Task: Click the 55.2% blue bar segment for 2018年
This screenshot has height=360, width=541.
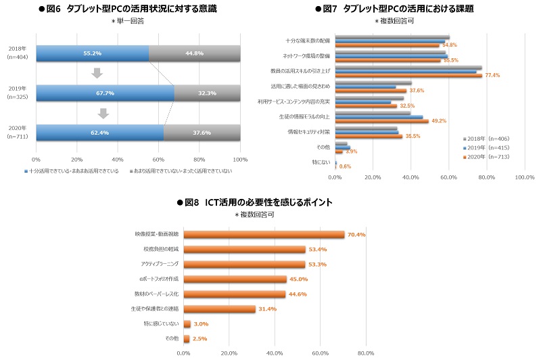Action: tap(92, 53)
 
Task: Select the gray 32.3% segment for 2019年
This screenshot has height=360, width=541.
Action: tap(208, 93)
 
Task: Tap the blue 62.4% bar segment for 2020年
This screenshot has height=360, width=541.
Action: tap(99, 133)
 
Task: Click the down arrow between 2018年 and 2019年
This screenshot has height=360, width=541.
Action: tap(97, 73)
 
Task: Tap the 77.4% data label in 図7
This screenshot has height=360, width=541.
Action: tap(492, 75)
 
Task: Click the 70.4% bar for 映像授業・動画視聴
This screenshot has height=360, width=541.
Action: tap(264, 235)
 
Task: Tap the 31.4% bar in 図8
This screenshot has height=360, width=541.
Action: tap(219, 309)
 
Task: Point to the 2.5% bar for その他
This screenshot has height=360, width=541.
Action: tap(186, 338)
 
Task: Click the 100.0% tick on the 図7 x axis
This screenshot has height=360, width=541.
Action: tap(525, 178)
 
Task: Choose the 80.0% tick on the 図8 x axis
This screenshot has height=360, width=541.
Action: tap(366, 353)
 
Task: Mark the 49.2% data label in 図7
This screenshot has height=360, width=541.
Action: tap(439, 120)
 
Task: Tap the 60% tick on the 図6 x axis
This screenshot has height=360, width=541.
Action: tap(158, 159)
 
